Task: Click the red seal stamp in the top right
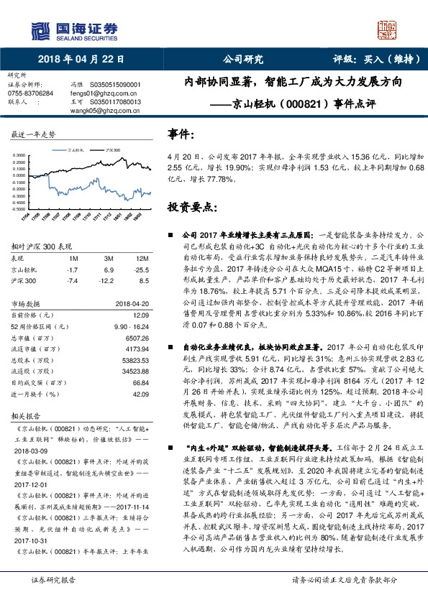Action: point(388,29)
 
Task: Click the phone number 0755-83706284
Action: point(29,93)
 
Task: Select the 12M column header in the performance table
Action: point(141,257)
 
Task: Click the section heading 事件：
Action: point(181,134)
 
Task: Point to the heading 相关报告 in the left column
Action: point(28,415)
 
